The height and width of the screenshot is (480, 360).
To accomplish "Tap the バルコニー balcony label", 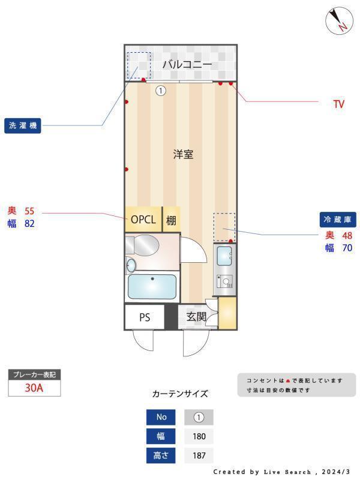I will click(x=187, y=64).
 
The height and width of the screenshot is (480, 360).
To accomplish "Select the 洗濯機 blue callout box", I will click(x=23, y=125).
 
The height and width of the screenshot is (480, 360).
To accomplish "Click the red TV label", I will click(x=339, y=104).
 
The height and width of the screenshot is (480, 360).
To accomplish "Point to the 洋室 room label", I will click(x=183, y=154).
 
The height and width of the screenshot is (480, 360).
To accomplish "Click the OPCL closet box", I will click(x=143, y=220).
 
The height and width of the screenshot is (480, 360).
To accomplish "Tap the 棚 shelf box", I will click(x=171, y=220).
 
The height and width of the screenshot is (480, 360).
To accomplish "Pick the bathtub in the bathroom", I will click(x=152, y=287).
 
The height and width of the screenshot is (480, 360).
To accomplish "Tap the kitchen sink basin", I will click(x=226, y=256).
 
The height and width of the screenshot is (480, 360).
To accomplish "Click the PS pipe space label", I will click(x=145, y=317).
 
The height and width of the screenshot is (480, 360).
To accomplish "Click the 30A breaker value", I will click(x=34, y=388).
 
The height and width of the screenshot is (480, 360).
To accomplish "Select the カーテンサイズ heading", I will click(x=180, y=394).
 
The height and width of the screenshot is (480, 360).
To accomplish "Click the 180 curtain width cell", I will click(x=199, y=436).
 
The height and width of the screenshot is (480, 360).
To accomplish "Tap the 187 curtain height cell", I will click(x=199, y=455).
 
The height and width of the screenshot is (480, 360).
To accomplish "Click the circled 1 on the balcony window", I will click(x=160, y=91).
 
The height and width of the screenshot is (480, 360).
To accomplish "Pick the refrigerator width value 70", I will click(x=346, y=247).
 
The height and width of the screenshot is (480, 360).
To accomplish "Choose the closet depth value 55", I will click(x=29, y=211).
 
